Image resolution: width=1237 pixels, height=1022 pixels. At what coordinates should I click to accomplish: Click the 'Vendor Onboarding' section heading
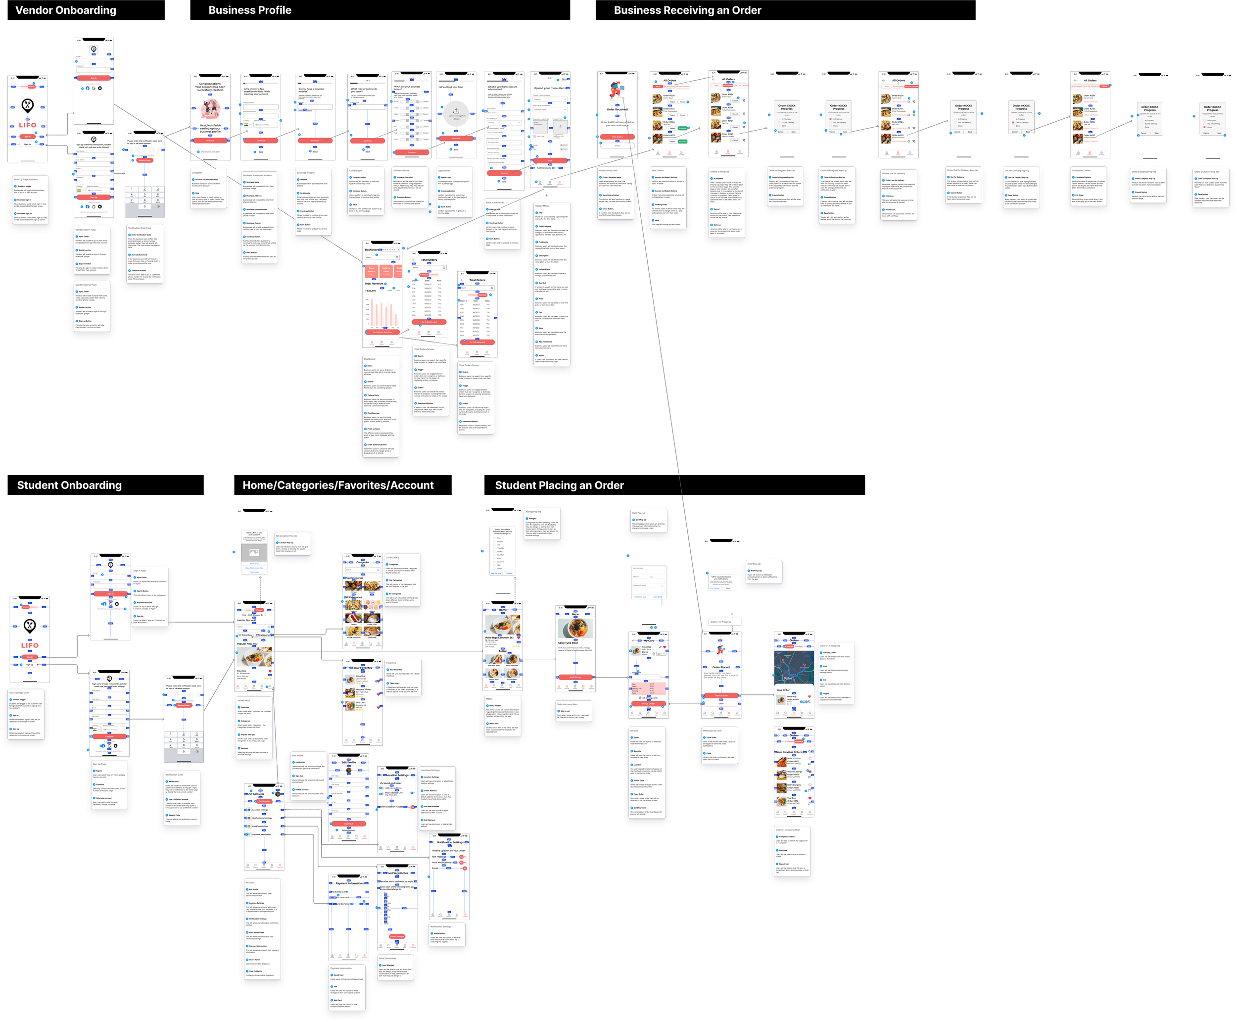point(66,10)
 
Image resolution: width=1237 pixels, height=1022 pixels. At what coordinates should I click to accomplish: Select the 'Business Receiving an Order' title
point(687,10)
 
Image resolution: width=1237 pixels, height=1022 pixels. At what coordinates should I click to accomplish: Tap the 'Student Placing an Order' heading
point(559,486)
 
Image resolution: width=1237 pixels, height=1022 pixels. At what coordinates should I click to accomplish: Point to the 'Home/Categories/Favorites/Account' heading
point(338,486)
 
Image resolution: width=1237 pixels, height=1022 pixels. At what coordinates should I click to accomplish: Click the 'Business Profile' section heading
point(249,10)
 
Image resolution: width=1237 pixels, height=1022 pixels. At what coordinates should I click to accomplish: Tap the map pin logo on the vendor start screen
point(28,105)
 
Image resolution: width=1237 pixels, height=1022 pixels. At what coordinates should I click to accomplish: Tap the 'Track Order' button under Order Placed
point(721,695)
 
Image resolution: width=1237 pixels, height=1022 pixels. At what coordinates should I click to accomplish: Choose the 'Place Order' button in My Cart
point(649,703)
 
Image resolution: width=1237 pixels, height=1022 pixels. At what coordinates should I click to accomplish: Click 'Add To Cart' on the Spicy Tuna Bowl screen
point(575,677)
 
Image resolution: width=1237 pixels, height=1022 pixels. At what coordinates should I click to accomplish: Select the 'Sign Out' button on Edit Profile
point(349,824)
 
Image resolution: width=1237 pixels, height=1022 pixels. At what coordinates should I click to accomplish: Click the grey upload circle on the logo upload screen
point(456,112)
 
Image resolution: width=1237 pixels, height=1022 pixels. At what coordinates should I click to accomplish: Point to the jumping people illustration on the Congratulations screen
point(210,108)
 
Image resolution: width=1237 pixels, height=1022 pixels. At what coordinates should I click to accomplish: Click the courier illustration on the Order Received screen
point(616,91)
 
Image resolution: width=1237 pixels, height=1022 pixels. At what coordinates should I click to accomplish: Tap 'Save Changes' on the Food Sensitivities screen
point(397,936)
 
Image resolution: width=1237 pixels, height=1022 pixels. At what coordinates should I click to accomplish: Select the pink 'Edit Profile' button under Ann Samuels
point(264,801)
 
